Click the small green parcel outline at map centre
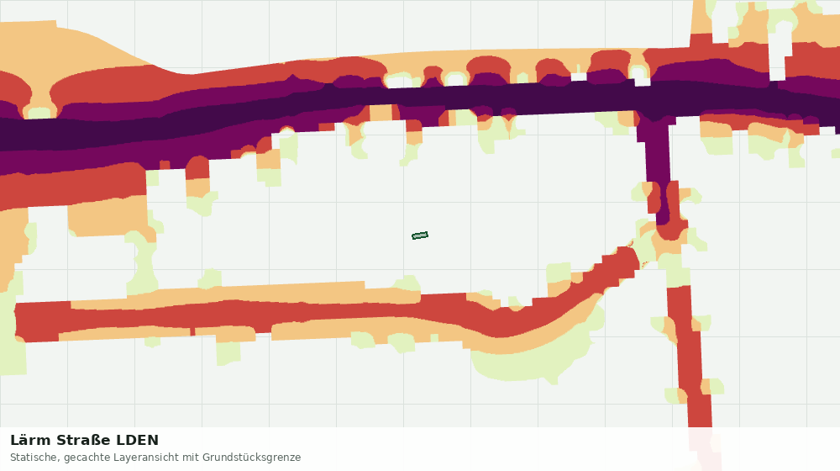pyautogui.click(x=420, y=235)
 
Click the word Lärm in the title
pyautogui.click(x=31, y=441)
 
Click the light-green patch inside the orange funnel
pyautogui.click(x=39, y=114)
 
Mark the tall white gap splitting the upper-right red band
pyautogui.click(x=777, y=59)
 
